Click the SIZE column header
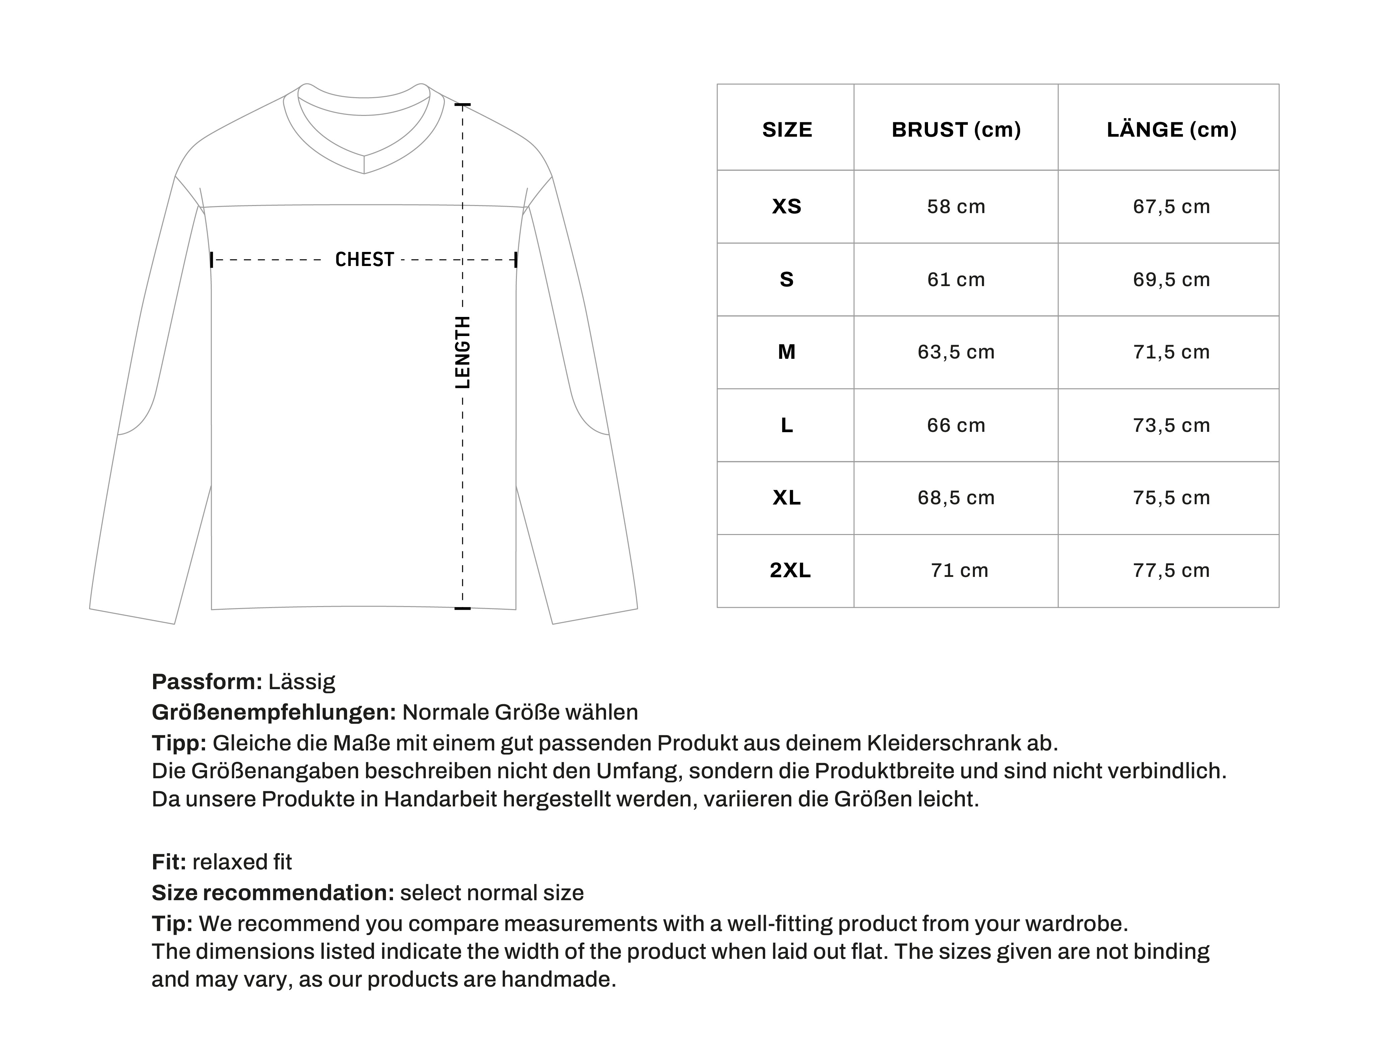pyautogui.click(x=787, y=129)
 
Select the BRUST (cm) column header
pyautogui.click(x=956, y=129)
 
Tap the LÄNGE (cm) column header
pyautogui.click(x=1171, y=129)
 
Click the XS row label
pyautogui.click(x=787, y=206)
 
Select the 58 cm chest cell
pyautogui.click(x=956, y=206)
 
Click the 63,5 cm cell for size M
pyautogui.click(x=956, y=352)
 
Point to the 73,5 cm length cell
pyautogui.click(x=1171, y=425)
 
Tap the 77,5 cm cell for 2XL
pyautogui.click(x=1171, y=570)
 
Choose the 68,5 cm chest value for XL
pyautogui.click(x=956, y=498)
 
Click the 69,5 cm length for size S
pyautogui.click(x=1171, y=279)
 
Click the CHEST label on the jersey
pyautogui.click(x=364, y=260)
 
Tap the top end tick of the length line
pyautogui.click(x=463, y=104)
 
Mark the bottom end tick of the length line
pyautogui.click(x=463, y=608)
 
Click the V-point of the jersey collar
pyautogui.click(x=364, y=172)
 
